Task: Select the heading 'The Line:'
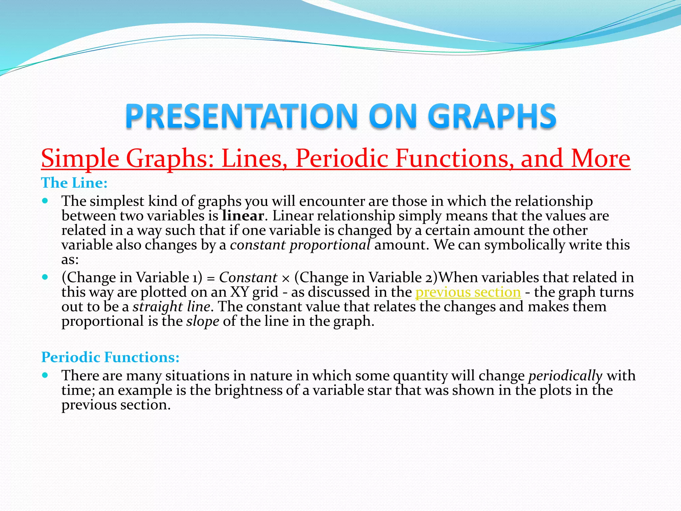tap(74, 183)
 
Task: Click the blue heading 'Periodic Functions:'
tap(110, 357)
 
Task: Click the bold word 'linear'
tap(243, 216)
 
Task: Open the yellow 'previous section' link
tap(468, 292)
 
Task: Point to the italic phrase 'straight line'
tap(171, 307)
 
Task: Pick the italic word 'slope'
tap(203, 321)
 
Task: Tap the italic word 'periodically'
tap(565, 376)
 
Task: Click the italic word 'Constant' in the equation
tap(248, 277)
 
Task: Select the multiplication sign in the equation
tap(286, 278)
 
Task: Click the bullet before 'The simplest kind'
tap(46, 201)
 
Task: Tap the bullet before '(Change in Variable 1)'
tap(46, 277)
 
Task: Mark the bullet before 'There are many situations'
tap(46, 375)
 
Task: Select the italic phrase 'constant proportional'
tap(300, 245)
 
